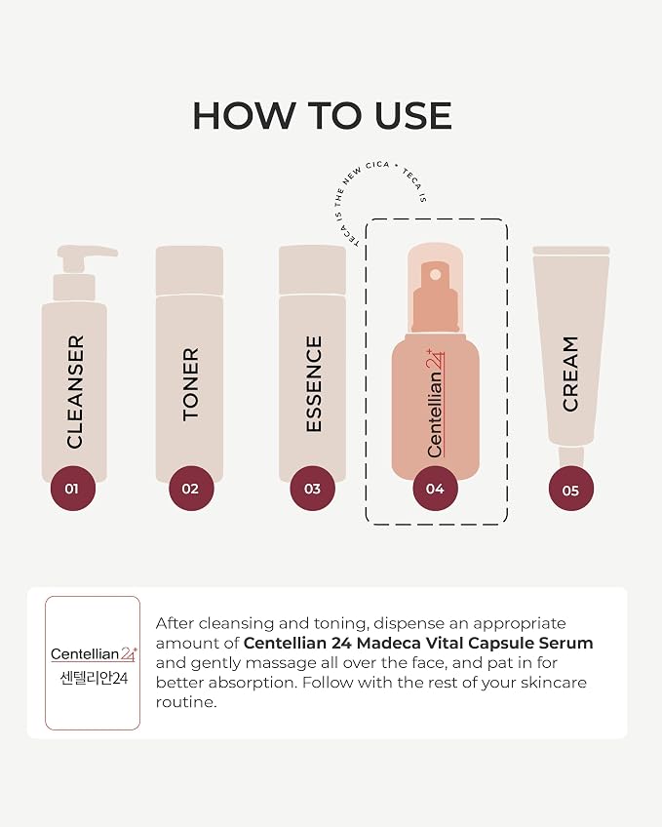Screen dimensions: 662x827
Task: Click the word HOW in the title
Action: pyautogui.click(x=245, y=115)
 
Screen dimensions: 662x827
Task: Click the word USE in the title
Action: pyautogui.click(x=413, y=115)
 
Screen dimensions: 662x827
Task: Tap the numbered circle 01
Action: pyautogui.click(x=73, y=489)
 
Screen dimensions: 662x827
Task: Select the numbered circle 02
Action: pyautogui.click(x=191, y=489)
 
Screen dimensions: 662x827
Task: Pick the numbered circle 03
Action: pyautogui.click(x=313, y=489)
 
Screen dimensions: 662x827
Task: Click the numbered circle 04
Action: pyautogui.click(x=436, y=489)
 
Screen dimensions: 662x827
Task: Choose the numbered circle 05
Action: pyautogui.click(x=570, y=490)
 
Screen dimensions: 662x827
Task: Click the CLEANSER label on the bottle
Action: pyautogui.click(x=75, y=392)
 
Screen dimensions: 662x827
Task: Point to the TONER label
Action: pyautogui.click(x=191, y=384)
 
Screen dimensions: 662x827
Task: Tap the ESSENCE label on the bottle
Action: pyautogui.click(x=314, y=384)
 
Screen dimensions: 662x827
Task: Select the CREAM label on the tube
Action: pyautogui.click(x=570, y=374)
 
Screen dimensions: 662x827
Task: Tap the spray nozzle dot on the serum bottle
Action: pyautogui.click(x=436, y=275)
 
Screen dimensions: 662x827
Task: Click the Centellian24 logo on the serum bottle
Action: pyautogui.click(x=436, y=403)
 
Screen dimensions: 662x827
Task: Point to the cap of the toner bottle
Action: pyautogui.click(x=190, y=270)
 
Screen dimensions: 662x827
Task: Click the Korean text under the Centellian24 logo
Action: pyautogui.click(x=94, y=678)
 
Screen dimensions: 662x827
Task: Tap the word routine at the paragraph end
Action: pyautogui.click(x=185, y=702)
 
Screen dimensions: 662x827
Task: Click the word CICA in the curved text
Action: pyautogui.click(x=377, y=166)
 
